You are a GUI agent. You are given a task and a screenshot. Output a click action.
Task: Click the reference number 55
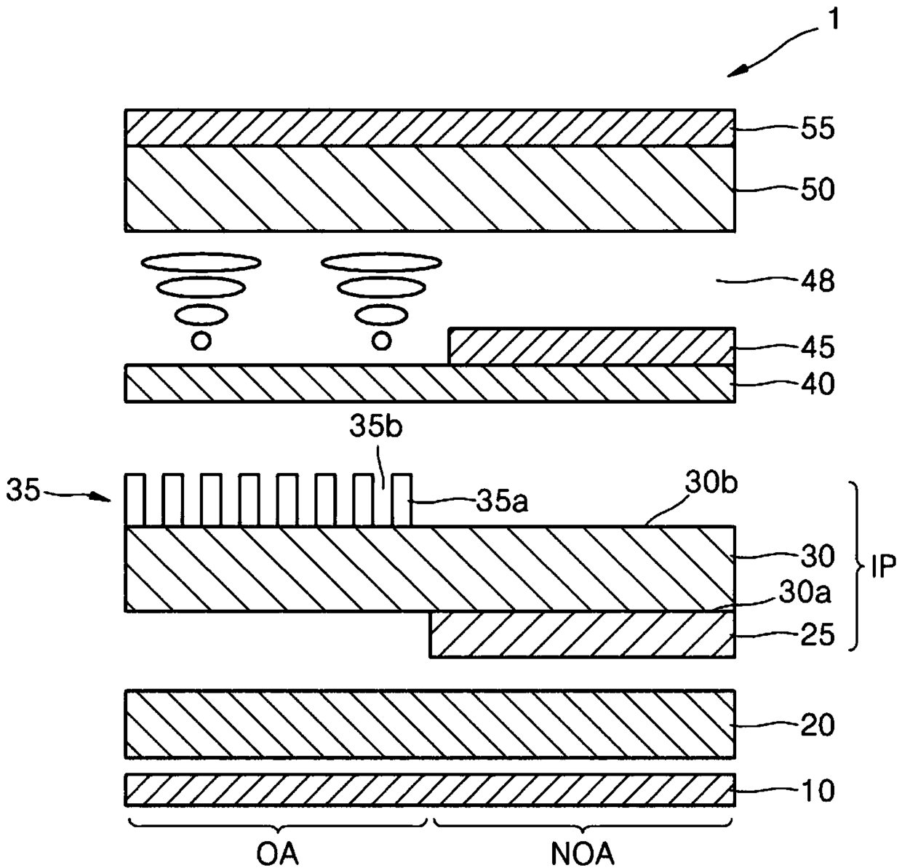[x=818, y=129]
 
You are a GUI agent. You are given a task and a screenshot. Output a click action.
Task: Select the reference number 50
[x=818, y=190]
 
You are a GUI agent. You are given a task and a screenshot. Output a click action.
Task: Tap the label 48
[x=818, y=282]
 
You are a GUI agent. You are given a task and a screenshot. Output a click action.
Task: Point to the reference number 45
[x=818, y=348]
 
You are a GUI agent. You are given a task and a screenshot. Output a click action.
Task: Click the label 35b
[x=375, y=427]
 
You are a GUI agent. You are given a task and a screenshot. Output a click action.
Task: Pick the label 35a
[x=502, y=502]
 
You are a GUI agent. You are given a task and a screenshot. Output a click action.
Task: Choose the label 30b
[x=711, y=484]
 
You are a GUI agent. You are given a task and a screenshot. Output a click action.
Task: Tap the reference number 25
[x=818, y=634]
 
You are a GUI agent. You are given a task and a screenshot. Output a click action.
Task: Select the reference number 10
[x=818, y=791]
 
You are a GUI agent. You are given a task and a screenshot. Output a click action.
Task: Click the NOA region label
[x=583, y=853]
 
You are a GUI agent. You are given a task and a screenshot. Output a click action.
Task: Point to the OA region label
[x=277, y=853]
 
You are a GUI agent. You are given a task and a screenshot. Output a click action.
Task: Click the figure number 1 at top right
[x=833, y=20]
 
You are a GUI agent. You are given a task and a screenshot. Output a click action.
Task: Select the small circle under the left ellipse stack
[x=201, y=341]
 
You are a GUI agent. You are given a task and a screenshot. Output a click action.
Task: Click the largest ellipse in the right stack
[x=381, y=262]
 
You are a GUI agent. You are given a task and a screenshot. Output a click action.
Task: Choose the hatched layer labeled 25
[x=582, y=634]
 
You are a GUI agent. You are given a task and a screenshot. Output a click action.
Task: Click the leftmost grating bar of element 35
[x=135, y=500]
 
